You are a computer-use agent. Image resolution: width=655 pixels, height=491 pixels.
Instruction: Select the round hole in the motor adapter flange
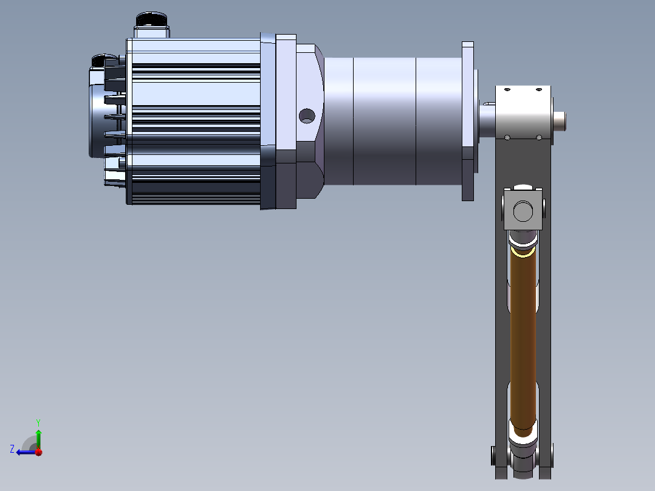tap(307, 115)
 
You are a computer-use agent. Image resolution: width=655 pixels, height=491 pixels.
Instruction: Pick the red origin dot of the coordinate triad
tap(38, 452)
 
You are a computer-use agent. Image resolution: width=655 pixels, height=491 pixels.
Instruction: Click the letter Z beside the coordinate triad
tap(12, 448)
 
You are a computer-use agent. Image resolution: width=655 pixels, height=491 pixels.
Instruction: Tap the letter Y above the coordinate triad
tap(38, 422)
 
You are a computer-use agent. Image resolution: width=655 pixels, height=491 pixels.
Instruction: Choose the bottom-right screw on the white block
tap(539, 137)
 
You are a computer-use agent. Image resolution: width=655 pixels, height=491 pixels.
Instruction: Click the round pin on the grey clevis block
tap(523, 211)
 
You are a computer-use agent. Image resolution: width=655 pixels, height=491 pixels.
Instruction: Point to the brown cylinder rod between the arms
tap(523, 340)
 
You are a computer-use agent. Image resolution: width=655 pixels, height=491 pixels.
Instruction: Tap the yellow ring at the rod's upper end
tap(523, 250)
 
